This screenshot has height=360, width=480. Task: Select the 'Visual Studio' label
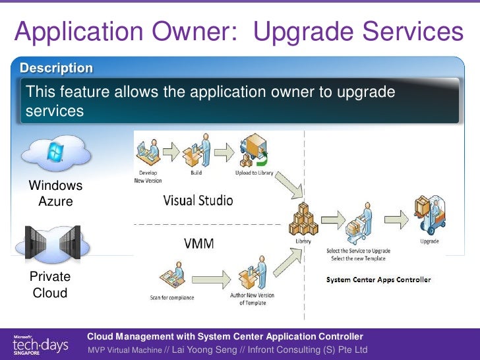point(198,200)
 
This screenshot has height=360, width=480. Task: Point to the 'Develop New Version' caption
point(148,177)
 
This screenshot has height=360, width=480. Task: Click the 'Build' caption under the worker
point(196,173)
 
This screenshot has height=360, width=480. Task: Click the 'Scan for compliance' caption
point(173,297)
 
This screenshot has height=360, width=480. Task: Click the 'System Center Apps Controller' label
point(379,280)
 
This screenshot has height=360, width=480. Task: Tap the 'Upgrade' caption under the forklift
point(429,241)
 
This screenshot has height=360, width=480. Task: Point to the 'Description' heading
point(56,68)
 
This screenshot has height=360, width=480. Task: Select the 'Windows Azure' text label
point(55,194)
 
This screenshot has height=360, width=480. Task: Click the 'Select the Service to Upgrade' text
point(359,251)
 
